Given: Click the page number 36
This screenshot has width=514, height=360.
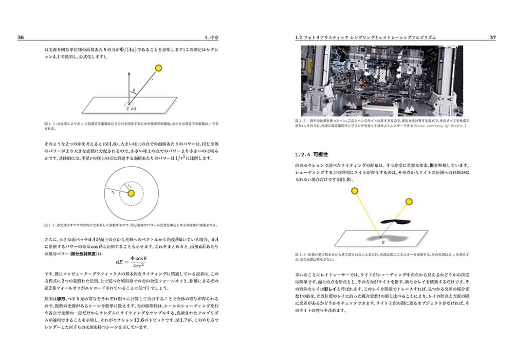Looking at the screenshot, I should click(x=21, y=38).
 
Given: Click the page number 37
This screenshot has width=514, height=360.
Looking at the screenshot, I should click(x=492, y=38).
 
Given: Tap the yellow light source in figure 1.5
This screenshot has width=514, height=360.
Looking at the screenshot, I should click(x=158, y=68).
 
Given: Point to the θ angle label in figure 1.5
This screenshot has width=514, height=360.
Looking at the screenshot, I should click(x=134, y=90).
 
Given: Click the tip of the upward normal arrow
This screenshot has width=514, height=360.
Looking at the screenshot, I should click(x=128, y=73).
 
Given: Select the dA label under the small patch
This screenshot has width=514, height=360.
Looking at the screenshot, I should click(x=134, y=109).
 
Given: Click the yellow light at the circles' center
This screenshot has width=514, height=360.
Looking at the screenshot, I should click(x=131, y=193).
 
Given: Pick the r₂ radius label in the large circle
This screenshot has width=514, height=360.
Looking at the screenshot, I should click(x=113, y=191).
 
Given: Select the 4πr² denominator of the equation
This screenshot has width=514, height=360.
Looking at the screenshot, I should click(x=139, y=266).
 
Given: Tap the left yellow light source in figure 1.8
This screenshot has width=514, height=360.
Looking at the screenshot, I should click(x=355, y=191).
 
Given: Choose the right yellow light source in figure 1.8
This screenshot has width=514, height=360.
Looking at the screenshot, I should click(x=410, y=202).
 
